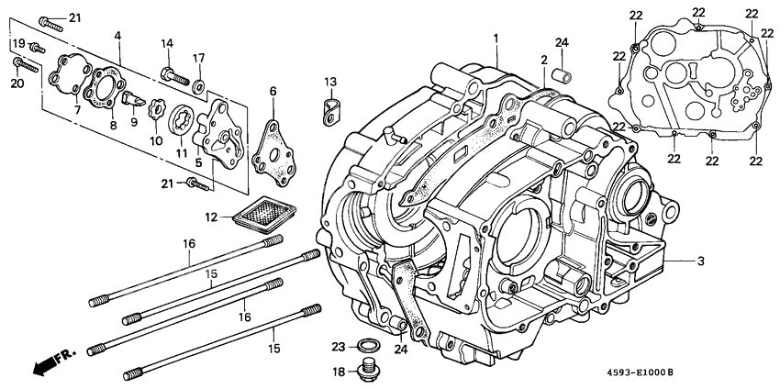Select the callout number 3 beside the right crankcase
tap(700, 261)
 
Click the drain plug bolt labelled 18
tap(369, 371)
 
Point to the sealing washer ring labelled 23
tap(369, 346)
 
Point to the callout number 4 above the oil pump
tap(117, 36)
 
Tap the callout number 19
tap(18, 44)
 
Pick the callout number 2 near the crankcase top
tap(543, 60)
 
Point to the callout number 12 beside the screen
tap(212, 217)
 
